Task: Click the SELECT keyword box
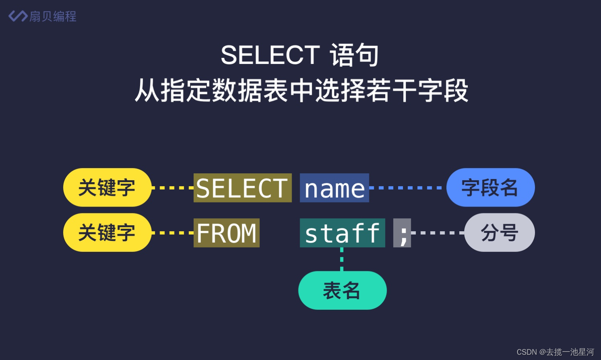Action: pos(242,188)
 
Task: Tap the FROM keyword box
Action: pos(226,233)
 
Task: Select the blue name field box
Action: pos(334,188)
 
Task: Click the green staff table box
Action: pos(342,233)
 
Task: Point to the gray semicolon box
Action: pos(402,233)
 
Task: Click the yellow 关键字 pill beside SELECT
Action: pos(107,187)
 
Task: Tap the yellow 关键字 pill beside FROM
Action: pos(107,232)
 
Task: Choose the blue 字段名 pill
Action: pos(490,187)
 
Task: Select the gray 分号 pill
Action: pos(499,232)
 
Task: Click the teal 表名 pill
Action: pos(342,290)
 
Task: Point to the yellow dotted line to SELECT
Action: pos(173,188)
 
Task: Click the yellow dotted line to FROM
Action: pos(173,233)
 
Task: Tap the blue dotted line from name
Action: pos(407,188)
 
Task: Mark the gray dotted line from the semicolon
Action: pos(437,233)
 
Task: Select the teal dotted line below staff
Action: pos(342,259)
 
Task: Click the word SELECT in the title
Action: pos(270,55)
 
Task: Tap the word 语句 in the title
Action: pos(354,55)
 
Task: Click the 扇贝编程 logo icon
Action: pos(18,16)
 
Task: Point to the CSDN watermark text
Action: pos(555,352)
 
